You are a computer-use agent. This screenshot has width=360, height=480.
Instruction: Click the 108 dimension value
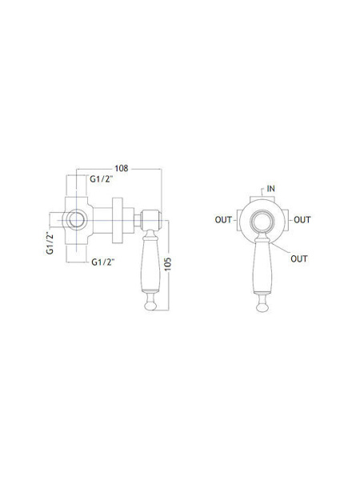point(122,168)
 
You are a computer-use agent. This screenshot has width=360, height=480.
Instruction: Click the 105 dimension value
point(168,265)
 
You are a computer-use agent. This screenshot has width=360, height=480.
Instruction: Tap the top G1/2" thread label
point(102,179)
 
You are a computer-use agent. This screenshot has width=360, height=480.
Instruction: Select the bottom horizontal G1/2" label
point(103,262)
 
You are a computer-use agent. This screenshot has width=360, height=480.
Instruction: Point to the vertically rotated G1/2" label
point(50,243)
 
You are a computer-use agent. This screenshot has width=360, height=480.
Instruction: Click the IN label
point(271,189)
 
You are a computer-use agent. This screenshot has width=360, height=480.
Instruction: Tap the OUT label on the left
point(223,220)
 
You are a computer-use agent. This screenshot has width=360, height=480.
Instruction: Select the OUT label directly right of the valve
point(302,220)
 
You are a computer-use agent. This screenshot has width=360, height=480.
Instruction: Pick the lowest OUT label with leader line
point(299,259)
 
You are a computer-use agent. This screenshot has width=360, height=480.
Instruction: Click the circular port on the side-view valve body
point(76,220)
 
